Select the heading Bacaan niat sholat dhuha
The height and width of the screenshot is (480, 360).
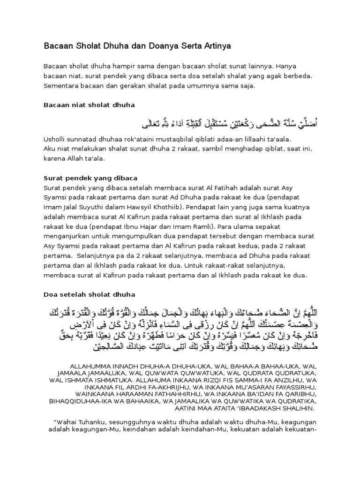tap(89, 105)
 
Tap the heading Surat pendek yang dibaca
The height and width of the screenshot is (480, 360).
tap(90, 178)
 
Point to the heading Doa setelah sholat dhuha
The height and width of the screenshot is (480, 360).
tap(89, 294)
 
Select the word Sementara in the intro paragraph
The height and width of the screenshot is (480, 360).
tap(60, 86)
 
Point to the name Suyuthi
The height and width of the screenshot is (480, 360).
tap(93, 208)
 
